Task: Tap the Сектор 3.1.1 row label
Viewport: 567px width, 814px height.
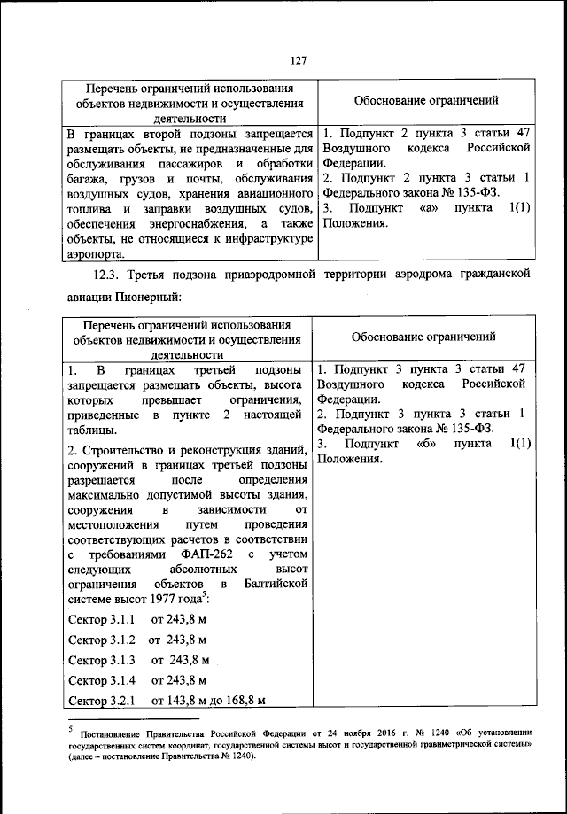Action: [x=101, y=617]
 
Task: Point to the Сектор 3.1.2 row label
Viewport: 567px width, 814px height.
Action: [x=101, y=639]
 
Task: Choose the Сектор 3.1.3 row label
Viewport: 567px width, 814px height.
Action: [x=101, y=660]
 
